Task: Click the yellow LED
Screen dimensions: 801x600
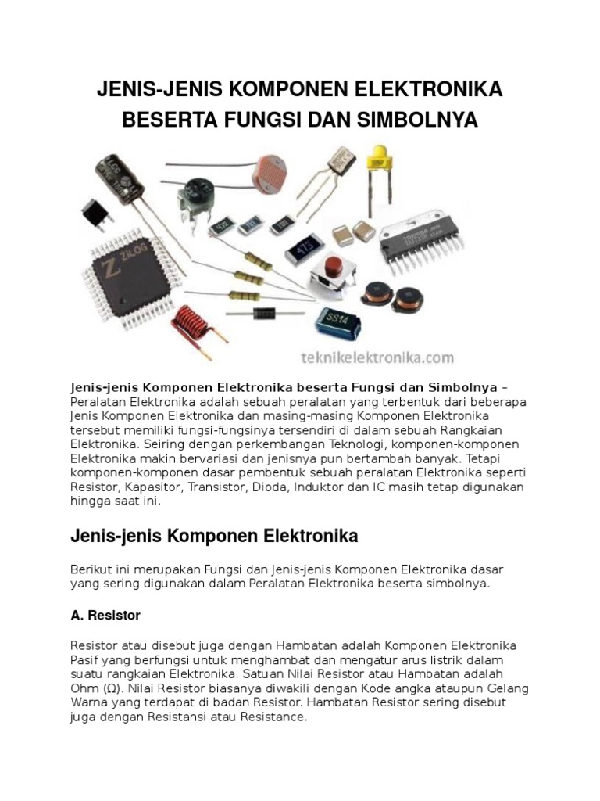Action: (380, 153)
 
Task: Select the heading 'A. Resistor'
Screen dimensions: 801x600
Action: (105, 616)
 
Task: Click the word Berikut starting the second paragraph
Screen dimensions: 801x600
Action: (91, 569)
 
